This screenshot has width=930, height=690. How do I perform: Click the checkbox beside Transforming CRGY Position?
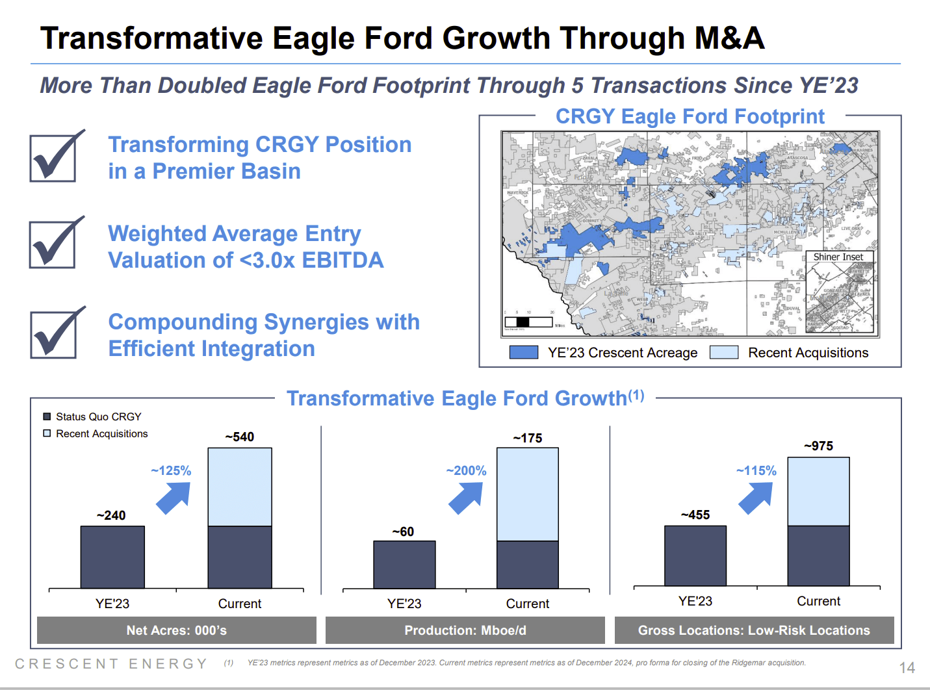click(53, 158)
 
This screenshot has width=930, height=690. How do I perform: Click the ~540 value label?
click(239, 437)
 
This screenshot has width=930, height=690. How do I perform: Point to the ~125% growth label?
click(171, 470)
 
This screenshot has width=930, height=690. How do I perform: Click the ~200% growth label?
click(466, 470)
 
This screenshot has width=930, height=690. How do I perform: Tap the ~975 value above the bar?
click(818, 446)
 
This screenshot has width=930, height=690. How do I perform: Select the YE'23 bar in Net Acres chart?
click(112, 557)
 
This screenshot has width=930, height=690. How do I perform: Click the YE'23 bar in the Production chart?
click(404, 564)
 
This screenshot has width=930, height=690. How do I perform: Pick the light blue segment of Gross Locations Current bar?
click(818, 491)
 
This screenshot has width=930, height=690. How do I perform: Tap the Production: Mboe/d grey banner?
click(465, 630)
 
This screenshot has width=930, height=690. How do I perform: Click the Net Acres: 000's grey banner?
click(176, 630)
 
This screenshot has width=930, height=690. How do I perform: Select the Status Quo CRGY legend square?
click(47, 416)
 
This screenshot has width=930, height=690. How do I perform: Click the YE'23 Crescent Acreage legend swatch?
click(524, 352)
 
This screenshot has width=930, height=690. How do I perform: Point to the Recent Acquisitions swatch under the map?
click(724, 352)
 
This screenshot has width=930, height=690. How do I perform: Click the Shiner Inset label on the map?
click(838, 257)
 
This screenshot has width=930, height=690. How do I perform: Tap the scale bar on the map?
click(528, 322)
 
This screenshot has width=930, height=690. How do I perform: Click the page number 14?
click(907, 668)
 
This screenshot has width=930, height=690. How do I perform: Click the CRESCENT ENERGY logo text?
click(111, 663)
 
